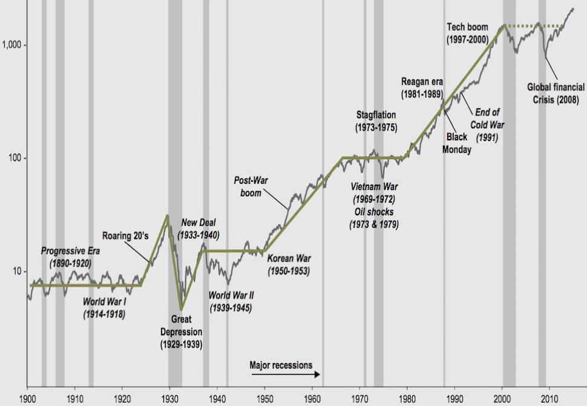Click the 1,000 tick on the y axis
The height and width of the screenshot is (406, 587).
pyautogui.click(x=12, y=45)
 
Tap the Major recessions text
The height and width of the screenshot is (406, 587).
pyautogui.click(x=281, y=365)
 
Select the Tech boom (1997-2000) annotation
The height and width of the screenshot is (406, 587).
pyautogui.click(x=474, y=33)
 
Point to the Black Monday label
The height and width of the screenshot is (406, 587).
pyautogui.click(x=457, y=143)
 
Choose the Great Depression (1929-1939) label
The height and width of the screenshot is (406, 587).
pyautogui.click(x=181, y=333)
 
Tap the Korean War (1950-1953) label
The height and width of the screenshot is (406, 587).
pyautogui.click(x=289, y=265)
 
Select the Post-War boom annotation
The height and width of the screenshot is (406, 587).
pyautogui.click(x=248, y=186)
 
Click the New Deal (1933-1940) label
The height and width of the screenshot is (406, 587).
pyautogui.click(x=199, y=229)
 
